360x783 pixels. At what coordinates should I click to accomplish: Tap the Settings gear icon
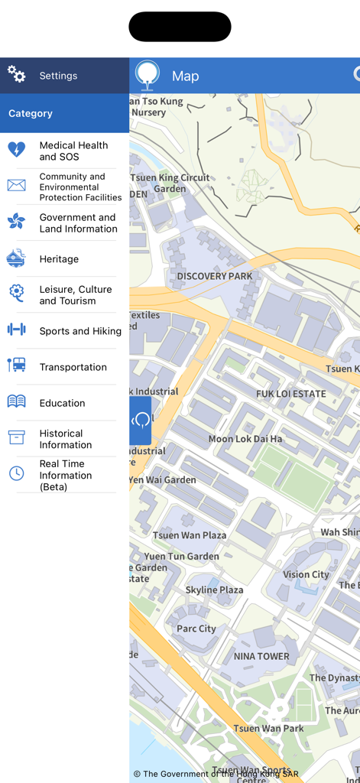click(x=17, y=74)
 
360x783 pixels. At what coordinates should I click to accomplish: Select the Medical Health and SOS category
click(x=73, y=151)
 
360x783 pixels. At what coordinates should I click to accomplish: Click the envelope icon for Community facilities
click(x=16, y=185)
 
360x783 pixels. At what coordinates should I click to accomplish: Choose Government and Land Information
click(x=77, y=223)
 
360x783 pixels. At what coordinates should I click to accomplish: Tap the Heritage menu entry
click(x=59, y=259)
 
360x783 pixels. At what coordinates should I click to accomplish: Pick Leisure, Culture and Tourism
click(x=76, y=295)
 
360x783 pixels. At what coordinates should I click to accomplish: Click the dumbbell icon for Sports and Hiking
click(x=16, y=330)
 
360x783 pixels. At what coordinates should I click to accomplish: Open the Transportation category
click(x=73, y=367)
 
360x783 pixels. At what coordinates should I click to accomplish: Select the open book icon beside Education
click(x=16, y=401)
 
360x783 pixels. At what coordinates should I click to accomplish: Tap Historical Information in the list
click(x=66, y=439)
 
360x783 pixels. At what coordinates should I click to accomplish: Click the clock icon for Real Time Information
click(x=16, y=473)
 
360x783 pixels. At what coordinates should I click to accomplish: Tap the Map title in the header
click(x=185, y=76)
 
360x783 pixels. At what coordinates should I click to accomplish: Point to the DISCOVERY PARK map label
click(x=214, y=276)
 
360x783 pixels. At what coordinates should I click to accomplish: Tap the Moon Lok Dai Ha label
click(x=245, y=439)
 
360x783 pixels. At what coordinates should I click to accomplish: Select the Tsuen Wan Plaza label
click(x=190, y=535)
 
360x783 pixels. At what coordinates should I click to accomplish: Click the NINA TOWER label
click(x=261, y=656)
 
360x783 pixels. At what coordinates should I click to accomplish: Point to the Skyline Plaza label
click(x=214, y=590)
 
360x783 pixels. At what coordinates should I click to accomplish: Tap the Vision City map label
click(x=306, y=574)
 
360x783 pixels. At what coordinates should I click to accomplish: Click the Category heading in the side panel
click(x=31, y=113)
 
